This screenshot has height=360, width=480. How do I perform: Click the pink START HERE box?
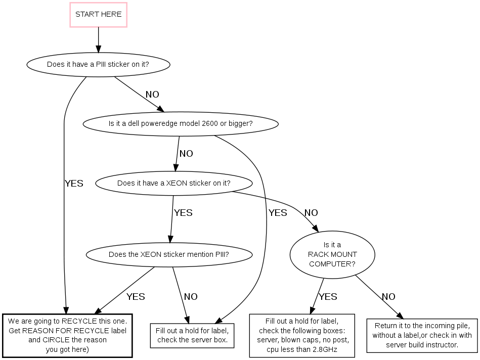(98, 15)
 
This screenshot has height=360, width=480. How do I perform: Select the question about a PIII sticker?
(98, 65)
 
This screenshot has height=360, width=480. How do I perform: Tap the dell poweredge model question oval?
(181, 123)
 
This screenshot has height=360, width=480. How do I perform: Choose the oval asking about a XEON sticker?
(173, 183)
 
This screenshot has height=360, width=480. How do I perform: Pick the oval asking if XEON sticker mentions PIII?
(169, 254)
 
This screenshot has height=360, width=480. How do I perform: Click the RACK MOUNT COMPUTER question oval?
(332, 255)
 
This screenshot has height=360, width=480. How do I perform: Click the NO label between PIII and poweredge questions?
(152, 95)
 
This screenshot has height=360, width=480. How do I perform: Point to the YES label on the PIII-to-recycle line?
(74, 184)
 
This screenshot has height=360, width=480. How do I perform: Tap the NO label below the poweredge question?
(186, 154)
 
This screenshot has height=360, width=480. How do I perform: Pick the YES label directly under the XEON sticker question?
(183, 213)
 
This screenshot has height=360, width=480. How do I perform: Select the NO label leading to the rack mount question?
(311, 213)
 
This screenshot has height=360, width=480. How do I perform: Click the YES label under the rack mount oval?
(328, 297)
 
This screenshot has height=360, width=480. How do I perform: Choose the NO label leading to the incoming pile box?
(388, 297)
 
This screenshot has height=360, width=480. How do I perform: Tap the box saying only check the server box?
(192, 335)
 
